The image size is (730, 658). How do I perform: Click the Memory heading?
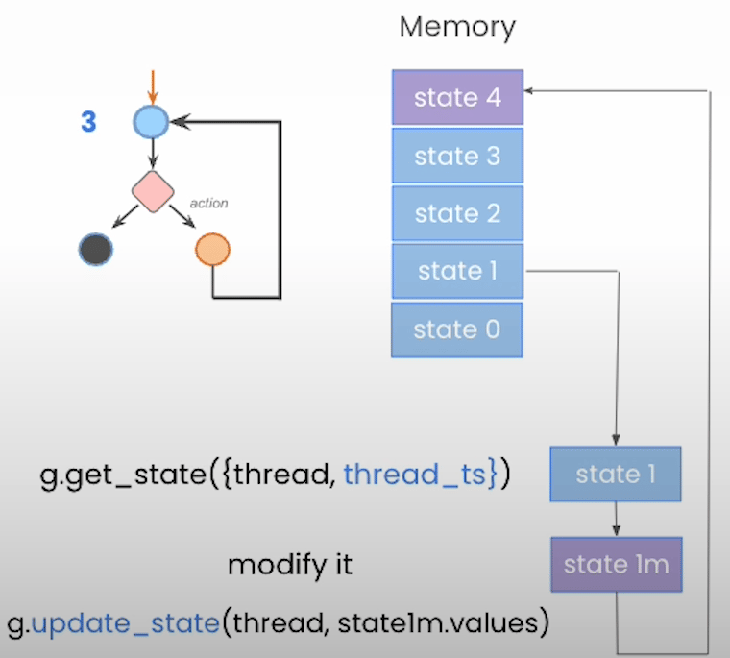click(457, 27)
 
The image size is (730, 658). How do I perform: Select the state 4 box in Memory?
click(457, 98)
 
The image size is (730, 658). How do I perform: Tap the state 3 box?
click(457, 156)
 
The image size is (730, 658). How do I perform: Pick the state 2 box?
click(457, 213)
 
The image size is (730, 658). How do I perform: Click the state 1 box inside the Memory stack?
click(457, 271)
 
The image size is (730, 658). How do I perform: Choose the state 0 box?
click(457, 329)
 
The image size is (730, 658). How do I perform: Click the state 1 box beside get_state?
click(615, 474)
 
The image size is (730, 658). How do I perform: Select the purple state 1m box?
click(615, 564)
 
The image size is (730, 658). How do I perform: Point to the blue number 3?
click(88, 123)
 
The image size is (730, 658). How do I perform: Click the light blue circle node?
click(151, 122)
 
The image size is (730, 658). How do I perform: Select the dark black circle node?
click(95, 250)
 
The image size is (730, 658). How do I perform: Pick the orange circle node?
click(212, 250)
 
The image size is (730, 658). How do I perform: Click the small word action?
click(209, 204)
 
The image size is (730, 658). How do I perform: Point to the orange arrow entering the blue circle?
click(151, 87)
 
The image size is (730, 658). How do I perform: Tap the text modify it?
click(290, 565)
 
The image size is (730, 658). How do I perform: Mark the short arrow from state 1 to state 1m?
click(615, 519)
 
